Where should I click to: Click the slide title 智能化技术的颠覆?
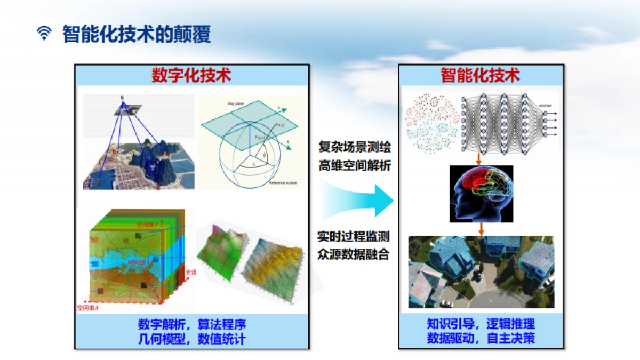tap(136, 34)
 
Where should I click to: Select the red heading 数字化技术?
tap(191, 75)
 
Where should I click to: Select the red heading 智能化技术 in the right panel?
tap(480, 75)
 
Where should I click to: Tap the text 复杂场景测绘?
tap(355, 147)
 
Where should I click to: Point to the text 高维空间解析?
tap(355, 166)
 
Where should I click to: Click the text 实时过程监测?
tap(354, 235)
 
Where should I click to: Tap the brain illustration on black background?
tap(481, 193)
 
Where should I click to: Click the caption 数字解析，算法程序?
tap(192, 325)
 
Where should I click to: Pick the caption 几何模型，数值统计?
tap(192, 339)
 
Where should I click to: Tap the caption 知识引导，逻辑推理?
tap(481, 324)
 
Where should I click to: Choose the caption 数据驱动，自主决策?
tap(481, 338)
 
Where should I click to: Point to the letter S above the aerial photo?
tap(122, 98)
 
